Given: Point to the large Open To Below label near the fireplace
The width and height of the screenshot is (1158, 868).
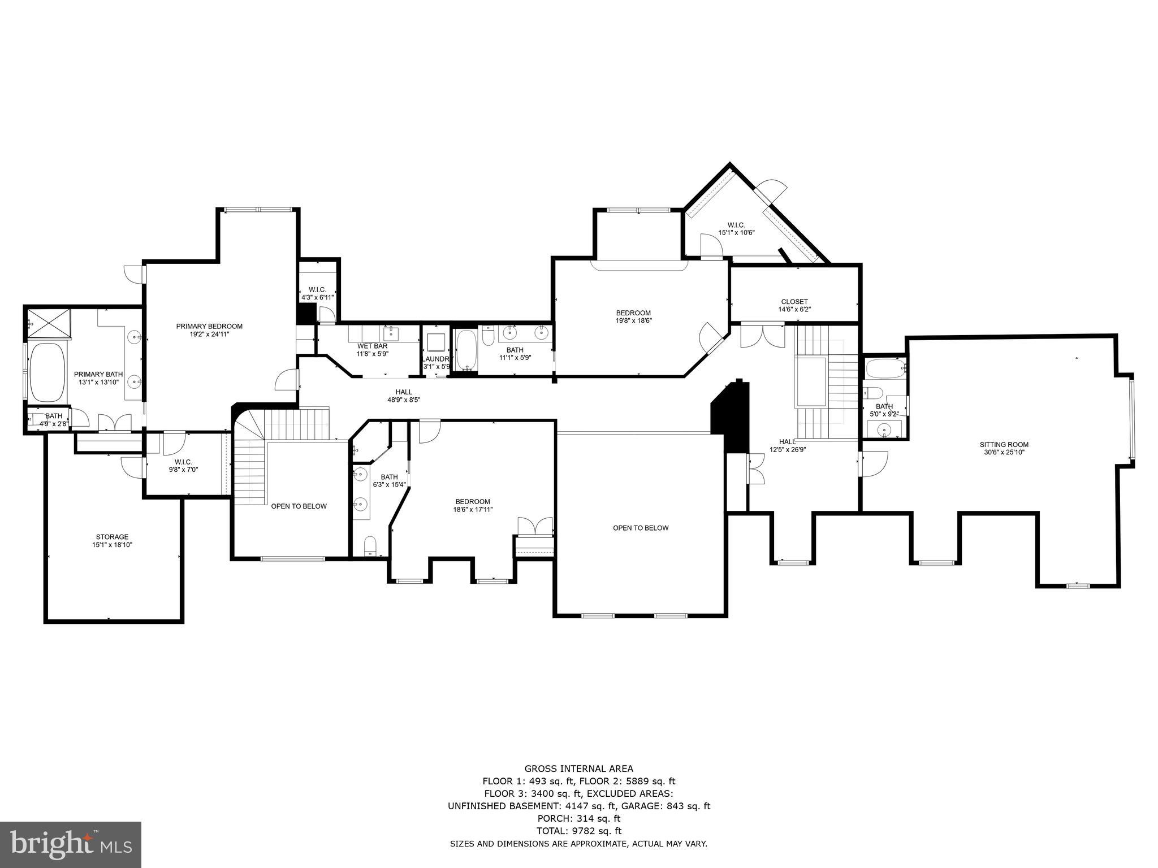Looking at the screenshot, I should pos(641,528).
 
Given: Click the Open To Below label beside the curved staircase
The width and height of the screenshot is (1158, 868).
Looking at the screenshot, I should pos(299,506).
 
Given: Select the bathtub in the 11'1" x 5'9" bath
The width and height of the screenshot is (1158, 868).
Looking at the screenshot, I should pos(466,350).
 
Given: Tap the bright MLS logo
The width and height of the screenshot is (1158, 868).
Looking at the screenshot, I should pos(71,844).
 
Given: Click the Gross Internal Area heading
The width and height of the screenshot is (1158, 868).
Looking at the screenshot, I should pos(578,769).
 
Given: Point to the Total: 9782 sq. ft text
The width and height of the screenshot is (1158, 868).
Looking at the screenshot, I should pos(578,831).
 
